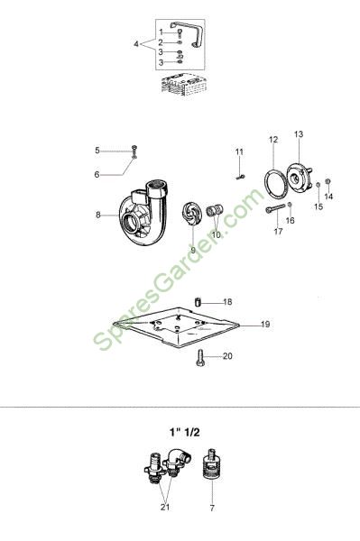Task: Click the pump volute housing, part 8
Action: [143, 214]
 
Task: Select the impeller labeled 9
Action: [191, 215]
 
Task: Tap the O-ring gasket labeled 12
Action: [275, 184]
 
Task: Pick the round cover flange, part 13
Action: [299, 177]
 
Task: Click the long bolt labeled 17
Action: [275, 208]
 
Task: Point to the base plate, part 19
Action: [177, 326]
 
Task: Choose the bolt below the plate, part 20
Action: [200, 358]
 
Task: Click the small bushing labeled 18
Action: [198, 301]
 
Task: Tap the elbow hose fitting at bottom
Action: [178, 462]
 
